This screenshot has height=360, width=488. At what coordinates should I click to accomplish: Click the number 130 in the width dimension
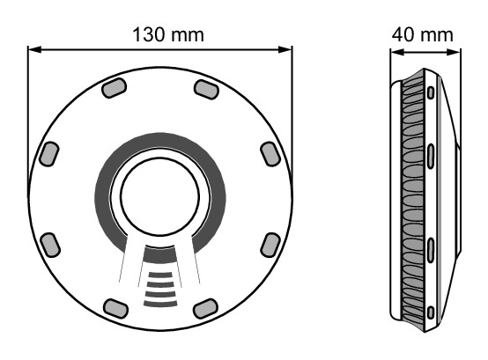pos(149,34)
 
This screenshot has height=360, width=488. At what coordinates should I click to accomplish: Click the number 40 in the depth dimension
pos(402,34)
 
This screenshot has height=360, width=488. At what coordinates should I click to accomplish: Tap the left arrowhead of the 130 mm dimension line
pos(34,49)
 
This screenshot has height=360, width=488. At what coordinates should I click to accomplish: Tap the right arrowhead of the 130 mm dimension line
pos(285,49)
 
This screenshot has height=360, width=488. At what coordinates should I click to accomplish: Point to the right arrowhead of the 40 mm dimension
pos(453,52)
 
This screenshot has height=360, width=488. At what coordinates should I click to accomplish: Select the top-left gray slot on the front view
pos(115,88)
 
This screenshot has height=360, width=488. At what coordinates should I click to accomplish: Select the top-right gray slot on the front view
pos(206,90)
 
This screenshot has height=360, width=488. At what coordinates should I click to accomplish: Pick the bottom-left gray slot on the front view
pos(115,308)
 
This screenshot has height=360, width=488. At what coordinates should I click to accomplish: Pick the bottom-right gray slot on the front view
pos(205,308)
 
